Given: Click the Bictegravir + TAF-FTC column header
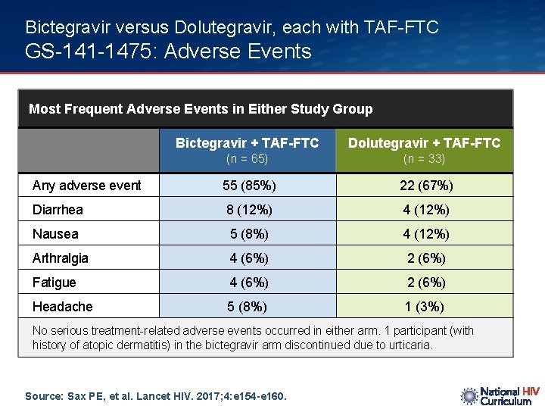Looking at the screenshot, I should [x=247, y=142].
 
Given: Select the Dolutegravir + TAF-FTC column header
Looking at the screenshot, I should [x=424, y=142].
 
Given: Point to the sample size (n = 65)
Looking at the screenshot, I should [x=248, y=159].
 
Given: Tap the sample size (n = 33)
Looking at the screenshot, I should [x=424, y=159].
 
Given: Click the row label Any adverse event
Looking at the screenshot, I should [x=86, y=186].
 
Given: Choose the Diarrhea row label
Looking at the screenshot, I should [x=58, y=210].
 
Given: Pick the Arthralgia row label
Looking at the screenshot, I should [x=60, y=258].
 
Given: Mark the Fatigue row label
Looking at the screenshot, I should [x=54, y=283].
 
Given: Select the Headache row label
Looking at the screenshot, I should [x=62, y=307].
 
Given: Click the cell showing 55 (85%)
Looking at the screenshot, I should [x=249, y=186].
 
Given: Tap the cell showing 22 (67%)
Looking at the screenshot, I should [x=425, y=186].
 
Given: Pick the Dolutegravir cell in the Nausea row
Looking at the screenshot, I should [x=425, y=234].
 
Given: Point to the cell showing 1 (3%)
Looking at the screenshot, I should [x=425, y=307].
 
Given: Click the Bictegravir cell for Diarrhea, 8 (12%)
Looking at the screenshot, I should [x=249, y=210].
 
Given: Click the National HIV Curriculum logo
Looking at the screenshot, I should [x=500, y=396].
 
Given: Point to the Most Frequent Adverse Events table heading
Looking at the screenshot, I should [x=201, y=109].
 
